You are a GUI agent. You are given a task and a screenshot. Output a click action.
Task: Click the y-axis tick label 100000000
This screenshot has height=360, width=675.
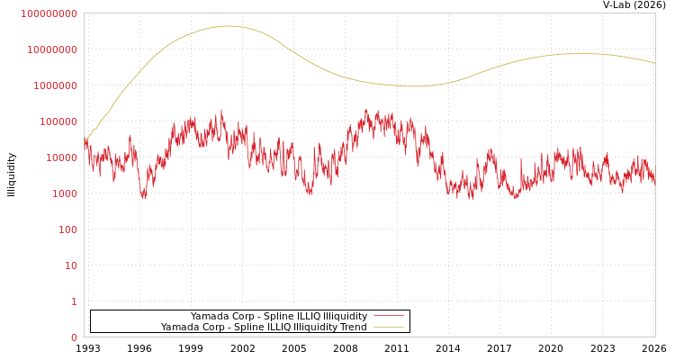[49, 13]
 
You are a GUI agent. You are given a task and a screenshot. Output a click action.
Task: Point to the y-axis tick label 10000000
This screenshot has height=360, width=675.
[51, 49]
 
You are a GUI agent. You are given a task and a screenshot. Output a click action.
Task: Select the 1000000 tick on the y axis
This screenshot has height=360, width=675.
[54, 85]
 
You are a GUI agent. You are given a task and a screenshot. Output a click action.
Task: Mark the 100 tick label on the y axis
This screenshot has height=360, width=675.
[67, 229]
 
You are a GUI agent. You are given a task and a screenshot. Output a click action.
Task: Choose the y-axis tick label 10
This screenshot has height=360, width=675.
[70, 265]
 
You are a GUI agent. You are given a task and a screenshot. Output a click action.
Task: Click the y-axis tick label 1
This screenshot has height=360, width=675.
[74, 301]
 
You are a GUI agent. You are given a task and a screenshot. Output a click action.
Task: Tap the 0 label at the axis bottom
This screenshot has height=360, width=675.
[74, 337]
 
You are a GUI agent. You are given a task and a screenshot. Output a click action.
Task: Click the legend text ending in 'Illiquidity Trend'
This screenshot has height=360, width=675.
[264, 328]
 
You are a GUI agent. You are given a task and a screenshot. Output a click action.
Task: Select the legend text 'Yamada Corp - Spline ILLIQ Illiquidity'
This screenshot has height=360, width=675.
[279, 317]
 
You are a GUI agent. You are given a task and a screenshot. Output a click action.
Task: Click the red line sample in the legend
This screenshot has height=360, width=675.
[389, 317]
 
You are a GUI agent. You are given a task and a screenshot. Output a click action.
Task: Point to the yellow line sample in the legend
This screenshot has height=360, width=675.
[389, 328]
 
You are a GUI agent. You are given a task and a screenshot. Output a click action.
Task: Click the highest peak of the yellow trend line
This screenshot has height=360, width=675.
[228, 26]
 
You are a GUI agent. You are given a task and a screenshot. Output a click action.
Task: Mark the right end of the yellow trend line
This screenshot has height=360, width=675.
[654, 63]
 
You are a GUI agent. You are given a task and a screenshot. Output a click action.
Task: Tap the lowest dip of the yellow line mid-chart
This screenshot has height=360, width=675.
[412, 86]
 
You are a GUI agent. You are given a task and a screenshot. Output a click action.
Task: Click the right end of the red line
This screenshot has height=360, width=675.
[654, 180]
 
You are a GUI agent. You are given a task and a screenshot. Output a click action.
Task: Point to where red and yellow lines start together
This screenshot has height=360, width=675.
[85, 143]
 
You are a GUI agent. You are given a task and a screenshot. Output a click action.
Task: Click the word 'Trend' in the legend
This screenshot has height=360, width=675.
[353, 328]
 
